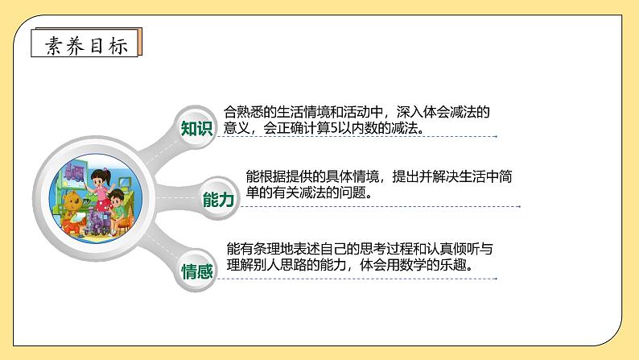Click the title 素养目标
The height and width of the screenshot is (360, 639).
[85, 44]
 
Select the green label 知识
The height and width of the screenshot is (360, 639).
[196, 129]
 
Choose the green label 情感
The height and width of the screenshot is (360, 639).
[196, 271]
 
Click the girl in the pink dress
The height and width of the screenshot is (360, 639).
[103, 186]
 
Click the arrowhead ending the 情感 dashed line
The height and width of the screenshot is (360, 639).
[496, 280]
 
